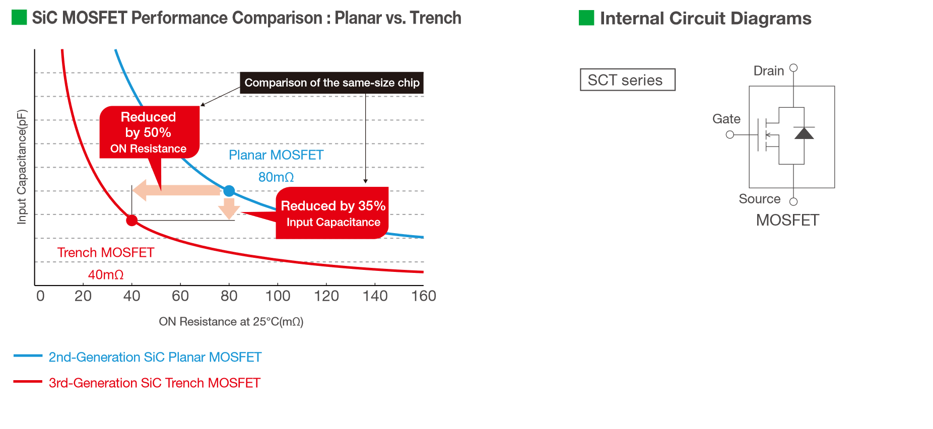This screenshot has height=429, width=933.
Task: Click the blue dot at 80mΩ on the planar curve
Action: (x=229, y=191)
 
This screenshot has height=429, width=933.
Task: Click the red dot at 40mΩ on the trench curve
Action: (x=132, y=220)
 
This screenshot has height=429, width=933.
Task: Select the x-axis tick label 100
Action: (x=278, y=296)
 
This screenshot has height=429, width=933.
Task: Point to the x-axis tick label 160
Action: (x=424, y=296)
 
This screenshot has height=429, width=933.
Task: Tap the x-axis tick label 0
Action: (x=40, y=296)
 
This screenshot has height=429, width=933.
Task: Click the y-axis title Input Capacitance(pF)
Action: (x=21, y=167)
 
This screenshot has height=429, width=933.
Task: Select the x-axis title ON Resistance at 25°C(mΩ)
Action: (x=231, y=322)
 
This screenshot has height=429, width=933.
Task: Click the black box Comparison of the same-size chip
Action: (x=331, y=83)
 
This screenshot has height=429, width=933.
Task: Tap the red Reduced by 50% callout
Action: (x=149, y=132)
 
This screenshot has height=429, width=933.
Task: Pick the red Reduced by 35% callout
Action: (x=332, y=213)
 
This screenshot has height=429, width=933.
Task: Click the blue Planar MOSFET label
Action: (x=276, y=155)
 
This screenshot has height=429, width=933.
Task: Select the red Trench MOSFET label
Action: (x=106, y=252)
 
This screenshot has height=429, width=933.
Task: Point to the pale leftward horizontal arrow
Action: (x=177, y=190)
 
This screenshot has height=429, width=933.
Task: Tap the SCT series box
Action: (x=628, y=80)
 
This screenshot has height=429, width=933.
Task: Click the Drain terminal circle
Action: (x=793, y=67)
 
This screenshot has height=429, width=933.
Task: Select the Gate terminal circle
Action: (x=730, y=134)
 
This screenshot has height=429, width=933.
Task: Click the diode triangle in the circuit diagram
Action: (x=804, y=133)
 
